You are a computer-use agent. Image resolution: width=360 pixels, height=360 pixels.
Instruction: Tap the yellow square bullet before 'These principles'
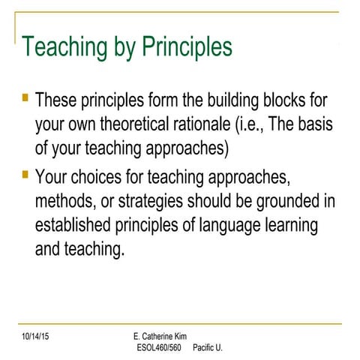point(25,97)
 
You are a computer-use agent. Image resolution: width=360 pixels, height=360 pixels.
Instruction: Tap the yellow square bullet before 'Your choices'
point(25,175)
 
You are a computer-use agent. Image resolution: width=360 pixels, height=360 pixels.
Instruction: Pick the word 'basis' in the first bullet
point(314,124)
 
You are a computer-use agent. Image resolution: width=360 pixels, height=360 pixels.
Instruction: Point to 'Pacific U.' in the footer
point(208,347)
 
